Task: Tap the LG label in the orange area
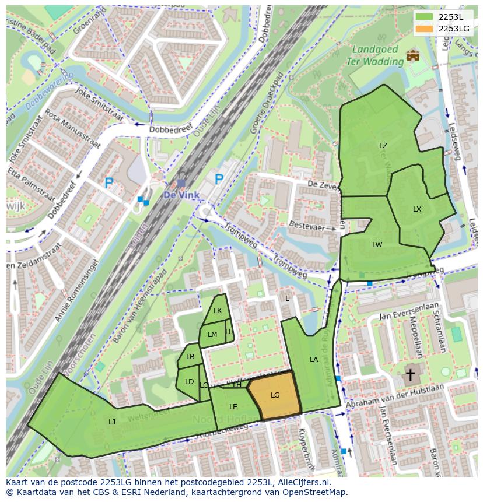(275, 395)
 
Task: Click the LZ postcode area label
(383, 146)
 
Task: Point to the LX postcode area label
(417, 209)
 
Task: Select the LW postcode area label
(377, 245)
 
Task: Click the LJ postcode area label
(112, 422)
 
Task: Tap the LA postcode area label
(314, 360)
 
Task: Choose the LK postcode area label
(218, 311)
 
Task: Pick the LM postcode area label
(212, 335)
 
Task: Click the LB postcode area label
(190, 357)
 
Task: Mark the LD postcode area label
(189, 382)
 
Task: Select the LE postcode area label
(233, 407)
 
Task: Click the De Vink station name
(181, 195)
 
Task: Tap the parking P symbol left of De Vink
(109, 183)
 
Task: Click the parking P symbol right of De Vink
(219, 179)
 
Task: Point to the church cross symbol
(410, 374)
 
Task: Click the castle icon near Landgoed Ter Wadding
(414, 55)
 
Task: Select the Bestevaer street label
(306, 224)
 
